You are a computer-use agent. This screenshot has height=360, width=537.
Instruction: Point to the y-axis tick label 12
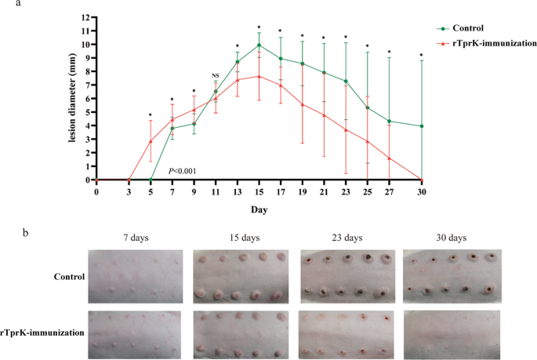pyautogui.click(x=85, y=17)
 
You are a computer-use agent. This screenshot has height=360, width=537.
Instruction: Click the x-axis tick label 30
pyautogui.click(x=422, y=191)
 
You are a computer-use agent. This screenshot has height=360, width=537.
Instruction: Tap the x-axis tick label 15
pyautogui.click(x=259, y=191)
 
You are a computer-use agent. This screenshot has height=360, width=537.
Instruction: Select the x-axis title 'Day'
pyautogui.click(x=259, y=209)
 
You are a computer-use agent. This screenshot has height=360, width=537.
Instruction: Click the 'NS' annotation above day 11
pyautogui.click(x=216, y=75)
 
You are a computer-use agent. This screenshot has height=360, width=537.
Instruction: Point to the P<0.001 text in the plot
pyautogui.click(x=183, y=170)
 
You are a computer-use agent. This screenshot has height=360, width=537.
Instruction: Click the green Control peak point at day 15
pyautogui.click(x=259, y=45)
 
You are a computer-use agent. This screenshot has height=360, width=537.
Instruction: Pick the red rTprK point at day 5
pyautogui.click(x=151, y=141)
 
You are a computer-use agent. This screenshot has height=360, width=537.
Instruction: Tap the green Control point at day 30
pyautogui.click(x=422, y=126)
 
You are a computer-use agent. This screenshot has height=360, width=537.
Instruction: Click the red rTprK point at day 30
pyautogui.click(x=422, y=180)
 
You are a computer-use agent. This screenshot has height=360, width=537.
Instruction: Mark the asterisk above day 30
pyautogui.click(x=422, y=55)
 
